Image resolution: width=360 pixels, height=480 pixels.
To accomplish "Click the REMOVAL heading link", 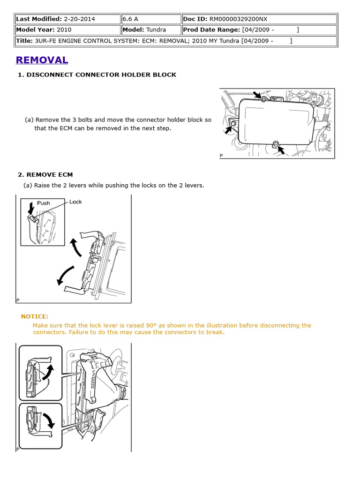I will point(42,60).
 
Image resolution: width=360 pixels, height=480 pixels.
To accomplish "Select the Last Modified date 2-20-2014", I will point(79,19).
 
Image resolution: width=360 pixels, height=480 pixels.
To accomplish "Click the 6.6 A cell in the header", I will point(130,19).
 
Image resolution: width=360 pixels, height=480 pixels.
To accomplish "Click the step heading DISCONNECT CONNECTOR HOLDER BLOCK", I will point(101,75).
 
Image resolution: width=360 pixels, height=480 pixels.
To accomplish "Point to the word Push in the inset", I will point(43,203).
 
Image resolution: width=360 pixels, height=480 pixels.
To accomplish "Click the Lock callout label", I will point(75,202).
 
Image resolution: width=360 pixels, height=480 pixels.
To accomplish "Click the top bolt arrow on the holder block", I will point(257,95).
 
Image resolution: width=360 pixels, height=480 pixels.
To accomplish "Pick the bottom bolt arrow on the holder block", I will point(281,150).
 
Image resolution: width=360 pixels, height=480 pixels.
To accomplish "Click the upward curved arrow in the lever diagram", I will point(75,247).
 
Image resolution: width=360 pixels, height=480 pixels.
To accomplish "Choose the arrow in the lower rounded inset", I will point(48,420).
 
